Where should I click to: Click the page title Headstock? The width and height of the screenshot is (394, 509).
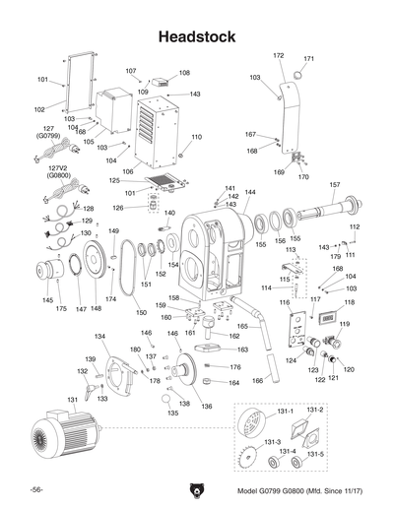197,36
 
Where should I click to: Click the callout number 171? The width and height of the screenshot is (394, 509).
308,59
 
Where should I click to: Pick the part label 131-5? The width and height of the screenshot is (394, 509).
313,455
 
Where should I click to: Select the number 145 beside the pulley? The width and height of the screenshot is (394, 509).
48,300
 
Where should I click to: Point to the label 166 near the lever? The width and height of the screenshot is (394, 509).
257,379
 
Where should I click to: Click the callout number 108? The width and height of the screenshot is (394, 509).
184,73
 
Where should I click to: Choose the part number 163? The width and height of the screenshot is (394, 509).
242,350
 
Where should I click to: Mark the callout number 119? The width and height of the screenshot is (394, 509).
345,323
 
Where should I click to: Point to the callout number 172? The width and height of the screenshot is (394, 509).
279,56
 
